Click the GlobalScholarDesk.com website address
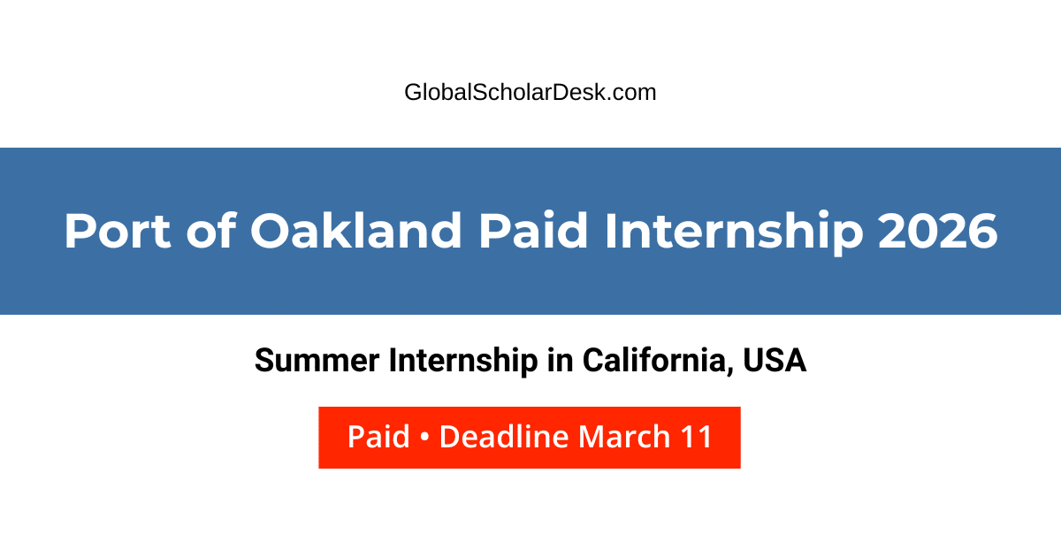(x=530, y=92)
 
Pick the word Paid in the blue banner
(x=534, y=232)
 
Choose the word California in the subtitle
(x=655, y=361)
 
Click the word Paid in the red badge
(x=378, y=437)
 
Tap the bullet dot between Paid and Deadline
(x=424, y=438)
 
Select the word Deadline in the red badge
(x=504, y=437)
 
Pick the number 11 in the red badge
(x=697, y=437)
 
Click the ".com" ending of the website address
(x=634, y=92)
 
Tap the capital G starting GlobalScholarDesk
(x=413, y=92)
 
